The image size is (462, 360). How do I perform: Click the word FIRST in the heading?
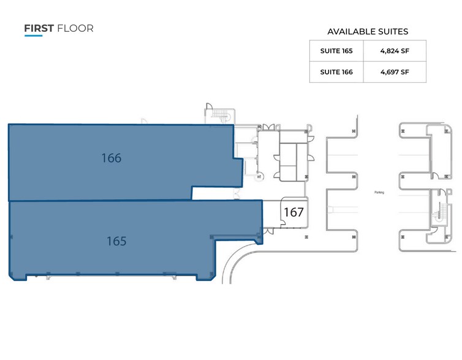[x=39, y=28]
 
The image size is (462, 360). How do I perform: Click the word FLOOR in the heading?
[x=75, y=28]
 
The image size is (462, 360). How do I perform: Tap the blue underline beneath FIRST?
[x=33, y=36]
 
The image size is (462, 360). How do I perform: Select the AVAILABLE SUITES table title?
[x=368, y=32]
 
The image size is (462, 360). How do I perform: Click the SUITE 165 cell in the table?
[x=336, y=51]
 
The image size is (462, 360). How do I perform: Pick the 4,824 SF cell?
[x=395, y=51]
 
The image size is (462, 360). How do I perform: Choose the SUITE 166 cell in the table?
[x=336, y=72]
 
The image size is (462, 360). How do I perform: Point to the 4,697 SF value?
[x=395, y=72]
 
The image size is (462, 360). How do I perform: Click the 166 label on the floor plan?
[x=111, y=158]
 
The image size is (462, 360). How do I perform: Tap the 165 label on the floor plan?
[x=116, y=241]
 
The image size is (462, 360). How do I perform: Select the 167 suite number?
[x=293, y=212]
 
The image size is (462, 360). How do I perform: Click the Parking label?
[x=379, y=192]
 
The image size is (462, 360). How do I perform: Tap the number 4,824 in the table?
[x=389, y=51]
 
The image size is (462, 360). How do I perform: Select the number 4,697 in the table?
[x=389, y=72]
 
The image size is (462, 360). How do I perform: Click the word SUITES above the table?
[x=392, y=32]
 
